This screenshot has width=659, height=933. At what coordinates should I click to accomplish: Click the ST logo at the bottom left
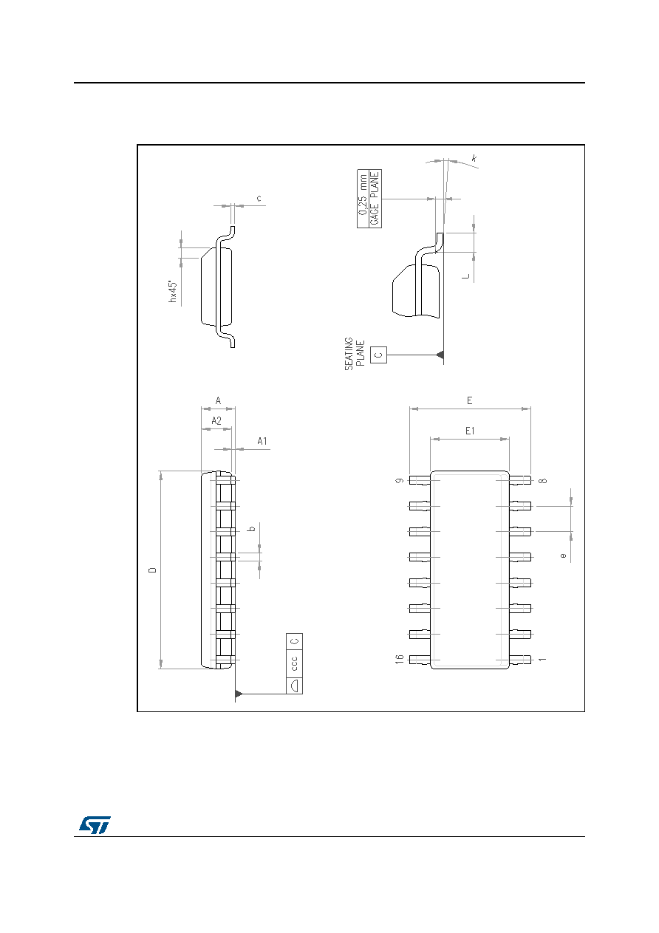[x=95, y=824]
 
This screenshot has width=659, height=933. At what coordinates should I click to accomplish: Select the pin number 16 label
[x=400, y=660]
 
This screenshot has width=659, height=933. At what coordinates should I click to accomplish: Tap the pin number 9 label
[x=400, y=481]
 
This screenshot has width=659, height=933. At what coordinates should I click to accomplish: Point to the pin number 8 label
[x=543, y=481]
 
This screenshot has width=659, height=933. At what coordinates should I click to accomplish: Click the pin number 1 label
[x=542, y=660]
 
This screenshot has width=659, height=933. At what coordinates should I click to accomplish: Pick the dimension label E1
[x=470, y=431]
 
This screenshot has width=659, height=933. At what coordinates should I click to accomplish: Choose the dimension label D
[x=153, y=570]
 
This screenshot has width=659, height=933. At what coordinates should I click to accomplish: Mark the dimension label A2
[x=216, y=420]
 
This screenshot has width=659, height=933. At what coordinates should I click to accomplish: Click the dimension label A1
[x=262, y=441]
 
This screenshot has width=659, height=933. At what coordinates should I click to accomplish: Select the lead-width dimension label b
[x=251, y=529]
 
